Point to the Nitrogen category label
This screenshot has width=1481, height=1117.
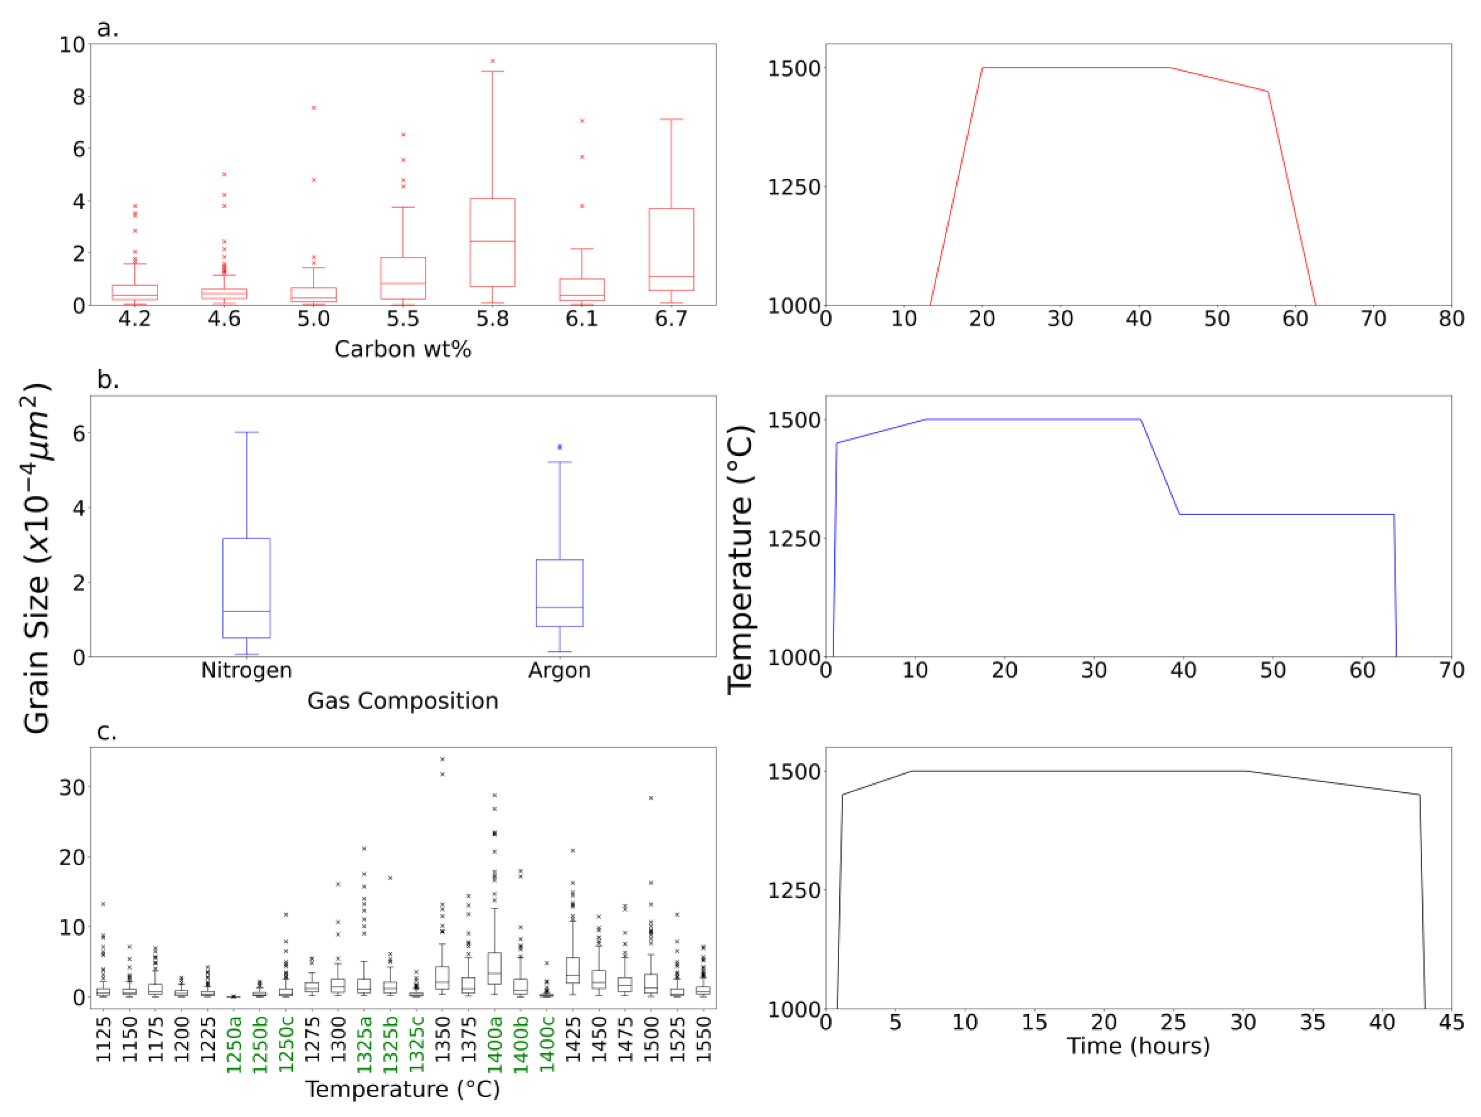pyautogui.click(x=246, y=671)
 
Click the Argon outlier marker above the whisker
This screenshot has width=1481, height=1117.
pyautogui.click(x=560, y=446)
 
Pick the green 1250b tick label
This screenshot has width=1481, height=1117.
pyautogui.click(x=260, y=1045)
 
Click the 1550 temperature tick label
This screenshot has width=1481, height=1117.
pyautogui.click(x=703, y=1040)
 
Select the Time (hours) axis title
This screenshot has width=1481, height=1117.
pyautogui.click(x=1138, y=1046)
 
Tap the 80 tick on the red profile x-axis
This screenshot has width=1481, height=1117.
pyautogui.click(x=1451, y=319)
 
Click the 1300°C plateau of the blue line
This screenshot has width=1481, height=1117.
pyautogui.click(x=1286, y=514)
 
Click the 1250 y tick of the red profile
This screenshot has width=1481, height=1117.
pyautogui.click(x=794, y=187)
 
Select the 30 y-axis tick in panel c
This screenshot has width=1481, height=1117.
pyautogui.click(x=72, y=788)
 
